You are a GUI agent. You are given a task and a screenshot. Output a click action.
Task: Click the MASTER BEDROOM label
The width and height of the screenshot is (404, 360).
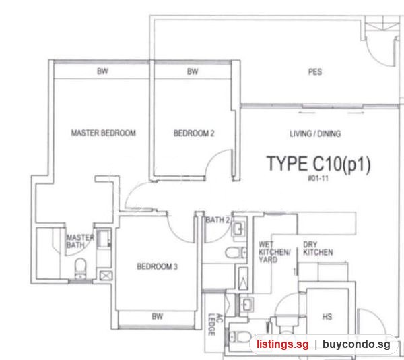(103, 133)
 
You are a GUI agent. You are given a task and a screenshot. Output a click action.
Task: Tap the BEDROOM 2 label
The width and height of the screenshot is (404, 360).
(194, 133)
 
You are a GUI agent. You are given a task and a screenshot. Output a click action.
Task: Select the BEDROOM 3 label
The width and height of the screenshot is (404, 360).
(157, 266)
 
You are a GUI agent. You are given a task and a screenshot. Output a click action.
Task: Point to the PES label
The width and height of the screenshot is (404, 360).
(315, 71)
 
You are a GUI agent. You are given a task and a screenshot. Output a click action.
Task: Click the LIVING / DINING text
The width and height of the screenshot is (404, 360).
(315, 133)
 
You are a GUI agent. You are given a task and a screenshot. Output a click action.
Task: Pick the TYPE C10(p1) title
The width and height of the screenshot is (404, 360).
(318, 164)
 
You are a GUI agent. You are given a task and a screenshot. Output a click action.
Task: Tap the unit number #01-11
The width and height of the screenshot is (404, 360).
(318, 179)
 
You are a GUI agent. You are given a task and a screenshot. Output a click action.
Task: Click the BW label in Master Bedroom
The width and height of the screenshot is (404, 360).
(102, 71)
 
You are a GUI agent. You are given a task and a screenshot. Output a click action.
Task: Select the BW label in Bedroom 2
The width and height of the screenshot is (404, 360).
(193, 71)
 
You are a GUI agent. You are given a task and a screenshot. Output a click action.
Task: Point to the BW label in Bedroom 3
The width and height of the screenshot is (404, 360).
(157, 316)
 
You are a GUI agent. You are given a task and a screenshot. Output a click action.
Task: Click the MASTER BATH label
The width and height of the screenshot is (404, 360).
(80, 241)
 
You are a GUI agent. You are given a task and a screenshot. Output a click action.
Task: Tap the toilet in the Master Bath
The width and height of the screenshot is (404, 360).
(80, 268)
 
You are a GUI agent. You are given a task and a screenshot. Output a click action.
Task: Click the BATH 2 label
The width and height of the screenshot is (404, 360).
(217, 220)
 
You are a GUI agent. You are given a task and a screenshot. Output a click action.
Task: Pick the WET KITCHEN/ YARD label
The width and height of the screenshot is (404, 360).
(275, 252)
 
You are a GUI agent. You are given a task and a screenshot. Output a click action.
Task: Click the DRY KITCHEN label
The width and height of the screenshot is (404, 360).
(318, 248)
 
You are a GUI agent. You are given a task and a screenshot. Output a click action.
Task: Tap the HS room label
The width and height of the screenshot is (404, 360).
(327, 316)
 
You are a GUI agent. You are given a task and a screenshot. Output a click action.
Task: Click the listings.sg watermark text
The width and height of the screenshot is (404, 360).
(282, 344)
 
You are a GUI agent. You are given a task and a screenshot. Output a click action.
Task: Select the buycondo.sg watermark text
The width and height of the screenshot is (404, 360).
(356, 344)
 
